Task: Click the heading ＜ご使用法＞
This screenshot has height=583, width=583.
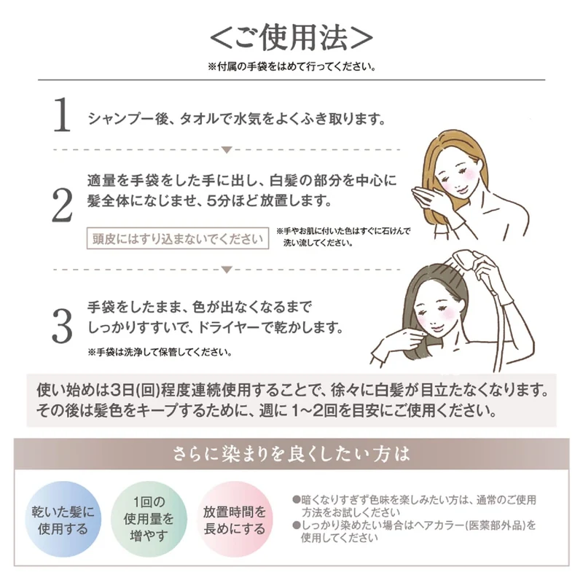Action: [291, 38]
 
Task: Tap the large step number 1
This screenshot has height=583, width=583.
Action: [62, 114]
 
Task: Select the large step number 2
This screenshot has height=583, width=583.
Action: [62, 205]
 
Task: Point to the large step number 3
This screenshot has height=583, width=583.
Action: [62, 326]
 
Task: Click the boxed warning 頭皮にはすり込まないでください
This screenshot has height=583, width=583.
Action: [178, 238]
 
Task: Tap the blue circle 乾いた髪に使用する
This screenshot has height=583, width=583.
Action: [63, 519]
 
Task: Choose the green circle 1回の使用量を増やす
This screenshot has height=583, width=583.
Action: [149, 519]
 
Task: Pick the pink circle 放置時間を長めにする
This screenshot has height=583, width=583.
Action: [235, 519]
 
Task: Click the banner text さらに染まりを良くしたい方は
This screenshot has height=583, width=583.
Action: [291, 454]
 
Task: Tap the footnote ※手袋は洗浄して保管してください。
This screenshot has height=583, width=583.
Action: [160, 352]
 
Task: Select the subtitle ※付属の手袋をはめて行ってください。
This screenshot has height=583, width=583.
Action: [292, 67]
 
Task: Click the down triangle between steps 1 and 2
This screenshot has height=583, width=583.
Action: [227, 150]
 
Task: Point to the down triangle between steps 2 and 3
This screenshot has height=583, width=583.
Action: [227, 270]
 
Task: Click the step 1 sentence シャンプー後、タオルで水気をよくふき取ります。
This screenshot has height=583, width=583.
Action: [237, 119]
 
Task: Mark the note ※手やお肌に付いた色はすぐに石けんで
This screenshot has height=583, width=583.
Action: [343, 231]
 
